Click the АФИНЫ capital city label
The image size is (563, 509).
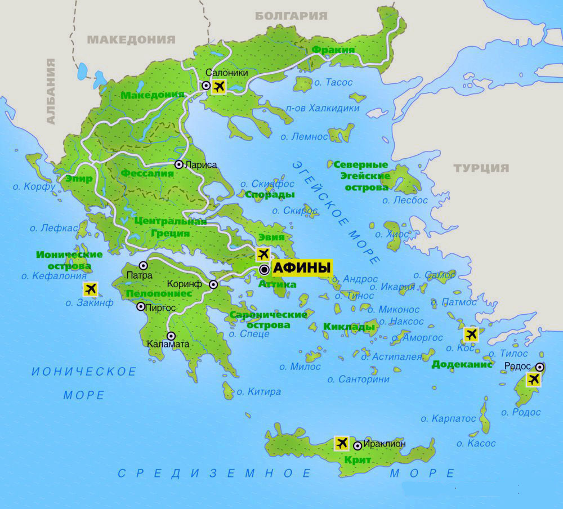301,269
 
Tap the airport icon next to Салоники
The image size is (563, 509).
218,86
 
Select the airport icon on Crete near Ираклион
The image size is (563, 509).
341,443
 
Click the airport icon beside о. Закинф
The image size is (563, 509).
90,289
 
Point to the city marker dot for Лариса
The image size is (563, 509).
178,165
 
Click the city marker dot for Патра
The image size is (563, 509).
144,265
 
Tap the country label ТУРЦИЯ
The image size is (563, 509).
481,168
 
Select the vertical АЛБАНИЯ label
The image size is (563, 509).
51,91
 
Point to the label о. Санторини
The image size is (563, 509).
359,379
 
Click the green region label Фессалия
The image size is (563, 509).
148,173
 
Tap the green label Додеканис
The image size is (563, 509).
458,364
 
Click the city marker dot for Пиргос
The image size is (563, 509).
141,307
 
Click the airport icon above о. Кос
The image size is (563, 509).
471,334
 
